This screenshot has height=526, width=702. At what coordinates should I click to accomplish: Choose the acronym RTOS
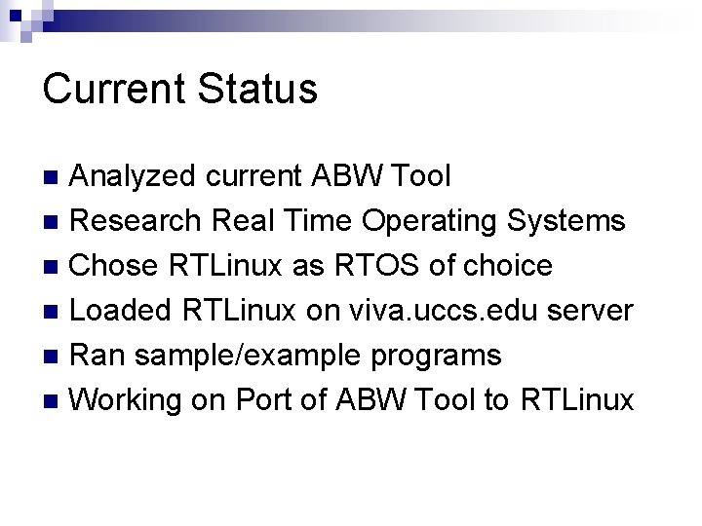click(x=402, y=265)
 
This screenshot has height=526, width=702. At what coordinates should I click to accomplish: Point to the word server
click(x=590, y=310)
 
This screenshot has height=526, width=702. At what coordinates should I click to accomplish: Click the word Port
click(x=263, y=399)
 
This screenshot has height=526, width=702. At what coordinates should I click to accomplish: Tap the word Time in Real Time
click(x=318, y=221)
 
